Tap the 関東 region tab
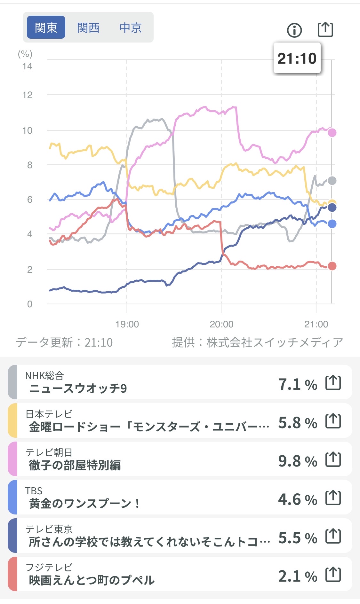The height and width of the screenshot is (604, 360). coord(46,27)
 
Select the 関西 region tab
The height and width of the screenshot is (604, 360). coord(88,27)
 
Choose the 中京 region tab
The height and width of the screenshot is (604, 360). coord(131,27)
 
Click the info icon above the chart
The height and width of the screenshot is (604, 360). coord(294,30)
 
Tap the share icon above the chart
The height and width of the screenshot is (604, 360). coord(325,30)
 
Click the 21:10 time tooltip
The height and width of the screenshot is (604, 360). coord(297,58)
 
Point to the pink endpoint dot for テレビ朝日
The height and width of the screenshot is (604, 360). coord(332,132)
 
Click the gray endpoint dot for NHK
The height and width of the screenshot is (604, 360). coord(332,181)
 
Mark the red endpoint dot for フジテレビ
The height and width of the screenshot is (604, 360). coord(332,266)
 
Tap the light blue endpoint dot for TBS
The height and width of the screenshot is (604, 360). coord(332,224)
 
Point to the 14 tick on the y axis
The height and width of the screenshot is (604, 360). coord(27,66)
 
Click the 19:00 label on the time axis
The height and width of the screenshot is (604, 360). coord(127,324)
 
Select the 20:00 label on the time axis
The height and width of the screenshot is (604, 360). coord(221,324)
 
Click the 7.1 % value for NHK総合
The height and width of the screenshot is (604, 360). coord(298,384)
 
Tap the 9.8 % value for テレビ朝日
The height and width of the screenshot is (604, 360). coord(298,461)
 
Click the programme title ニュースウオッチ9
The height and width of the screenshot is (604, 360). coord(78,388)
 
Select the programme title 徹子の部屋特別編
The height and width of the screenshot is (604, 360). coord(75,465)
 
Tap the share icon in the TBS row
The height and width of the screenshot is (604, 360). coord(333,498)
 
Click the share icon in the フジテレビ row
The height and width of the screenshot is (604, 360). coord(333,575)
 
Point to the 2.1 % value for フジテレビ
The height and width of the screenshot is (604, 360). coord(298,576)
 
